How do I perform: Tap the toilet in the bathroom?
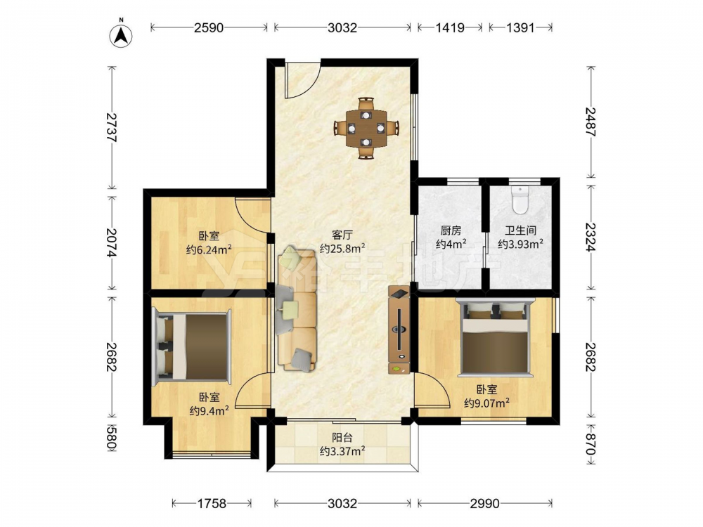coord(520,200)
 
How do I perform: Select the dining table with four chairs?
coord(366,128)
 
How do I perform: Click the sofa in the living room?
coord(297,309)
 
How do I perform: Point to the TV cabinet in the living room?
coord(399,330)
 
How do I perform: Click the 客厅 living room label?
coord(342,235)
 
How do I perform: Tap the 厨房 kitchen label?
coord(450,230)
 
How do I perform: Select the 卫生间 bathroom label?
coord(520,230)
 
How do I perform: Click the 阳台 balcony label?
coord(342,437)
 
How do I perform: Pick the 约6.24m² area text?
coord(209,249)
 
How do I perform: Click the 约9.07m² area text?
coord(486,403)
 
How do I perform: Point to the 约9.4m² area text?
coord(209,410)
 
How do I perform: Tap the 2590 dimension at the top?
coord(209,28)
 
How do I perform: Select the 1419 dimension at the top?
coord(450,28)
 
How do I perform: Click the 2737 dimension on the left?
coord(111,128)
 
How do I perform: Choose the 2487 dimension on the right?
coord(591,122)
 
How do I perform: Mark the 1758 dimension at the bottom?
coord(212,504)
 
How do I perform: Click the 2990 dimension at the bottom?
coord(484,504)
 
